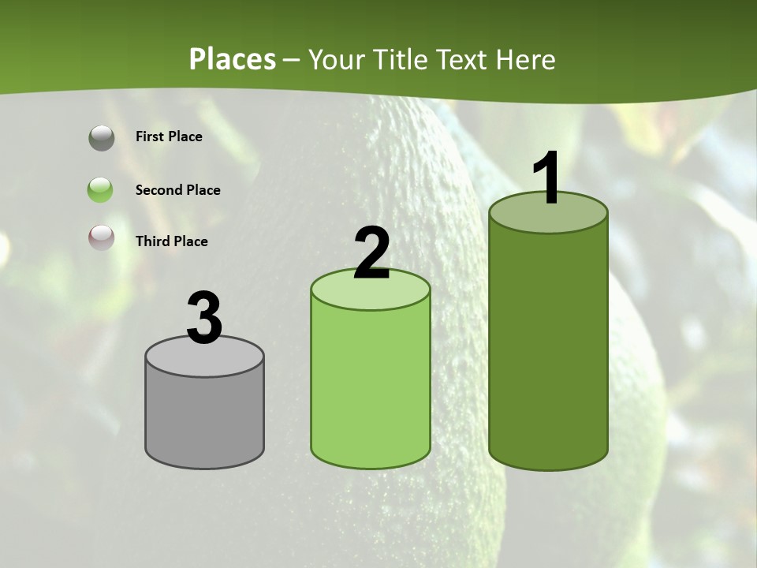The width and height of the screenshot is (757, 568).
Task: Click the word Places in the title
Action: point(233,59)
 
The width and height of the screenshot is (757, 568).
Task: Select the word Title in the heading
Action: point(400,59)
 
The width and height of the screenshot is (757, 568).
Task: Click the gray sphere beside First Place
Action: point(102,138)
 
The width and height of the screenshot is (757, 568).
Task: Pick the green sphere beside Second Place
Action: point(101,190)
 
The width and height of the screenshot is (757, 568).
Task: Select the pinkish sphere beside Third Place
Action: point(102,237)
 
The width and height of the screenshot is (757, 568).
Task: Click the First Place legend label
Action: point(169,136)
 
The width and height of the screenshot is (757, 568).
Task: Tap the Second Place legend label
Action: point(177,190)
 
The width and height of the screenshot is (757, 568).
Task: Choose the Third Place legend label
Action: point(171,241)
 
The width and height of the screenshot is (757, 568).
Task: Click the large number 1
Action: point(547,179)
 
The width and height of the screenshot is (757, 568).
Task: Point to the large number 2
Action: point(371,253)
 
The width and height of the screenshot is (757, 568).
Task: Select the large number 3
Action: point(204,319)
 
